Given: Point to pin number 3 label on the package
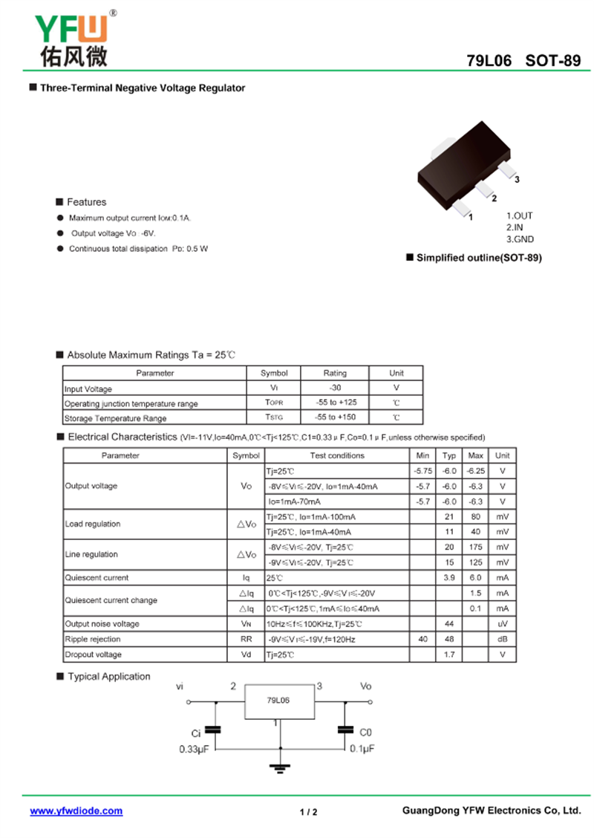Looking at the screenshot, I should (x=517, y=180).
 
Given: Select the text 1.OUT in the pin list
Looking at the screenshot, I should (x=520, y=216).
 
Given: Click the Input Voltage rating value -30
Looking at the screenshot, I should (x=335, y=389).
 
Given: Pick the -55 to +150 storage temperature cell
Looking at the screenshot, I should (x=335, y=418).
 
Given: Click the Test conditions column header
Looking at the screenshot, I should (x=337, y=455).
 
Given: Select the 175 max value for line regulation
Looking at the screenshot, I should (x=475, y=547).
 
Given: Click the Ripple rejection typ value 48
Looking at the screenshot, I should (x=449, y=639).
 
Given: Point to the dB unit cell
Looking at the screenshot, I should (x=503, y=639).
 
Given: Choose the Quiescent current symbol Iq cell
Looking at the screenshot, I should (x=247, y=577).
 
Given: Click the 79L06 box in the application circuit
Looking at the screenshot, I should (x=279, y=701).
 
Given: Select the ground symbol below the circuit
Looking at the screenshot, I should (x=281, y=768).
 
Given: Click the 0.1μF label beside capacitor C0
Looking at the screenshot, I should (x=362, y=749).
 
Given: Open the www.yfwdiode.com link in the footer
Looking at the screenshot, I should (x=76, y=811).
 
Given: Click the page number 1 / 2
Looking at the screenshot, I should (x=309, y=812).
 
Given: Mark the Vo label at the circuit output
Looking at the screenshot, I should (x=366, y=686).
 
